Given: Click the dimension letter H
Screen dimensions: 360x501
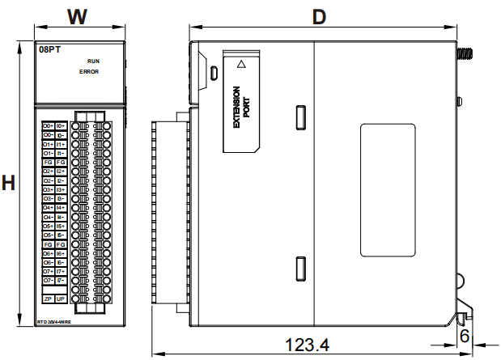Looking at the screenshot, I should [x=9, y=183].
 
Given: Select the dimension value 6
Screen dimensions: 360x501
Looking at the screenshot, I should [x=465, y=335].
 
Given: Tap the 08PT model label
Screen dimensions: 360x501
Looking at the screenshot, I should [x=50, y=50].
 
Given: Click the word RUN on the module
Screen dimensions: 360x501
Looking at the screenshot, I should [x=93, y=61].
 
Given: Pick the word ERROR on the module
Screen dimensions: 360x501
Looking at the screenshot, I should [x=89, y=72].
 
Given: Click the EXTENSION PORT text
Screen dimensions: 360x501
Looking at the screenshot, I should [x=241, y=108].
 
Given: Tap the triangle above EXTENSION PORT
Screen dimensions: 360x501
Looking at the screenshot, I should [x=240, y=62].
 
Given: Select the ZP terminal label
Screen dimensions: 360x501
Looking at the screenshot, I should [x=48, y=299].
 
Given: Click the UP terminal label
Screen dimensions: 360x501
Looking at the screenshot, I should [x=61, y=299].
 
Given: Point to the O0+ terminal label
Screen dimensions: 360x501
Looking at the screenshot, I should [x=48, y=126].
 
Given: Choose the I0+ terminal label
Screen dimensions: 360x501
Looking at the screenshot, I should [x=61, y=126].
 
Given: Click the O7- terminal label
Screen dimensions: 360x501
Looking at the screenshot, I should [x=48, y=281].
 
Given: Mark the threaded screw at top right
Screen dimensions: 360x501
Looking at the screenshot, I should [x=466, y=55].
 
